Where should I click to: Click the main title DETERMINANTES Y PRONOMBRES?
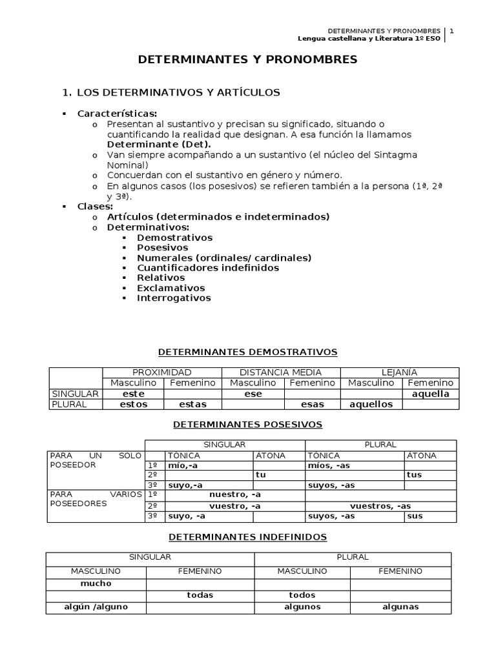(x=247, y=60)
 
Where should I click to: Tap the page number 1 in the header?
(x=452, y=30)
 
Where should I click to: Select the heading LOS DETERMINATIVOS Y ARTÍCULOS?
(x=178, y=92)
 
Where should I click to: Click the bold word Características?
(x=117, y=114)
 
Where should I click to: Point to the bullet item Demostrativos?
(x=174, y=238)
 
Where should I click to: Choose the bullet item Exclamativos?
(x=170, y=288)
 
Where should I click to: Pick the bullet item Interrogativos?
(x=174, y=298)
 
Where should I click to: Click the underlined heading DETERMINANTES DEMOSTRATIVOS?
(x=248, y=352)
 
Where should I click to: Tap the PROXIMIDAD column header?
(x=162, y=372)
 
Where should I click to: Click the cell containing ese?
(x=253, y=394)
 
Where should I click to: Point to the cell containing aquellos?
(x=371, y=404)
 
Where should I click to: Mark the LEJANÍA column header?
(x=400, y=372)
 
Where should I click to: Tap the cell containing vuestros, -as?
(x=380, y=506)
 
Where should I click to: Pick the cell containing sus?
(x=415, y=516)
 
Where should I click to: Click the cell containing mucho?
(x=96, y=584)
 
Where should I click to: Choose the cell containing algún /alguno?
(x=96, y=607)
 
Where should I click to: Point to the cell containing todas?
(x=200, y=595)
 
